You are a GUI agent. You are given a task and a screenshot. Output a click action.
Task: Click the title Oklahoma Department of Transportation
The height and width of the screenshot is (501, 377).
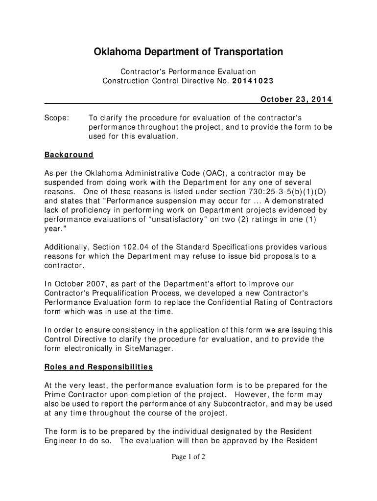188,52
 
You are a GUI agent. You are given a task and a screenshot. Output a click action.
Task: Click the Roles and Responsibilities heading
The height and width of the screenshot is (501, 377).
98,367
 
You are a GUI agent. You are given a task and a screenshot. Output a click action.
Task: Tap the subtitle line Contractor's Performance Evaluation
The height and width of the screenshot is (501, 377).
188,72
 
